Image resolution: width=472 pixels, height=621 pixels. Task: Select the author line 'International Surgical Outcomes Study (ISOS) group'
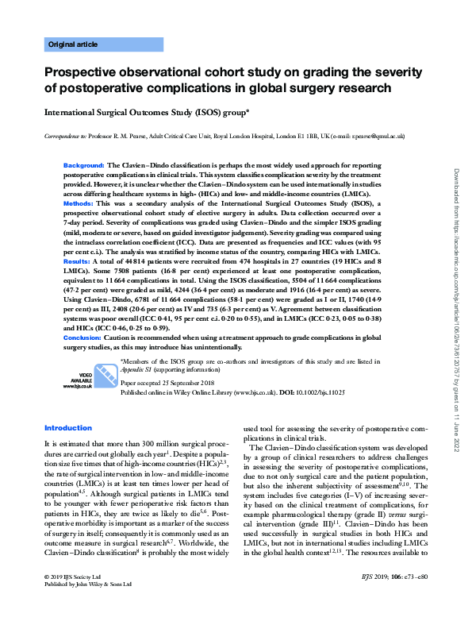(146, 113)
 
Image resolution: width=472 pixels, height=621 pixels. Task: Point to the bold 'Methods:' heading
(78, 204)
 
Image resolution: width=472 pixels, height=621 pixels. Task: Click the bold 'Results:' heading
(76, 260)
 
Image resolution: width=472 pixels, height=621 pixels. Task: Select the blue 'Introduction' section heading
(68, 428)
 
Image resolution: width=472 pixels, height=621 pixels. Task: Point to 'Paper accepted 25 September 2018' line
(168, 384)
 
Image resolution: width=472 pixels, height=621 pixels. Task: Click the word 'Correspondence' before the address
(64, 136)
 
